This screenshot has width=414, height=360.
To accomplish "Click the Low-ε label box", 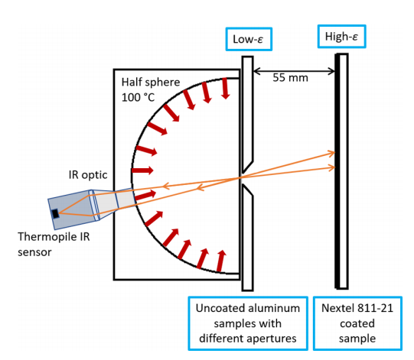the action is pyautogui.click(x=249, y=39).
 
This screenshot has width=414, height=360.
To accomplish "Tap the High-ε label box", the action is pyautogui.click(x=341, y=37).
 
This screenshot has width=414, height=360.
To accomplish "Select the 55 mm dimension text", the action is pyautogui.click(x=290, y=78).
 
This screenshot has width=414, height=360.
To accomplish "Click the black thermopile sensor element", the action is pyautogui.click(x=55, y=213).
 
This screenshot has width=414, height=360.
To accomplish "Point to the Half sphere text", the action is pyautogui.click(x=151, y=83).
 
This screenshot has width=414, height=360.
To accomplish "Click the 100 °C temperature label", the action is pyautogui.click(x=138, y=98).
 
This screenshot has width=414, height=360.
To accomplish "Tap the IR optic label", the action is pyautogui.click(x=88, y=175).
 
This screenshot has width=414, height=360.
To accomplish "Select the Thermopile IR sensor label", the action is pyautogui.click(x=54, y=245).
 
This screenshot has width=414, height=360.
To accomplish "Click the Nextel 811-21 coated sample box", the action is pyautogui.click(x=357, y=323).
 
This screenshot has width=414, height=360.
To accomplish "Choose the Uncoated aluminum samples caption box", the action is pyautogui.click(x=248, y=323).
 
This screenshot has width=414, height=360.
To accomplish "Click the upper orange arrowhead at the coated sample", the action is pyautogui.click(x=331, y=153).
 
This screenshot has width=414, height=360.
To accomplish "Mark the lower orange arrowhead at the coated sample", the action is pyautogui.click(x=331, y=167).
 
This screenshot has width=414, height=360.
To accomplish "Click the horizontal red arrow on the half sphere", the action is pyautogui.click(x=142, y=170).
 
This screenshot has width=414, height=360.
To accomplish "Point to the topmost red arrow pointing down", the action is pyautogui.click(x=225, y=89).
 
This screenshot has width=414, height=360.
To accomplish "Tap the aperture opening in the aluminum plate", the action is pyautogui.click(x=242, y=177).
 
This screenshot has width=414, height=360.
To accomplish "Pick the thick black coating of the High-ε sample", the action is pyautogui.click(x=337, y=171).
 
